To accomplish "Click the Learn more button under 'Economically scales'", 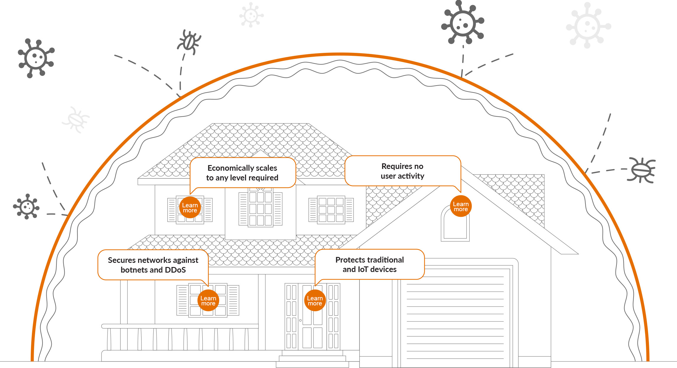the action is [190, 208].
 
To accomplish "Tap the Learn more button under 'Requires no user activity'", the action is [461, 206].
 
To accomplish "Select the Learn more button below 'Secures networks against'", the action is [208, 301].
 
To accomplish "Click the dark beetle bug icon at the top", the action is [189, 42].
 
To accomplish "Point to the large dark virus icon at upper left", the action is [36, 58].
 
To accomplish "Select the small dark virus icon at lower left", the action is [26, 206].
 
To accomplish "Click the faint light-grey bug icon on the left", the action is [76, 120].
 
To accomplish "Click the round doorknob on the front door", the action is [300, 320].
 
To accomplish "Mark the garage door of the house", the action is [455, 317].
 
